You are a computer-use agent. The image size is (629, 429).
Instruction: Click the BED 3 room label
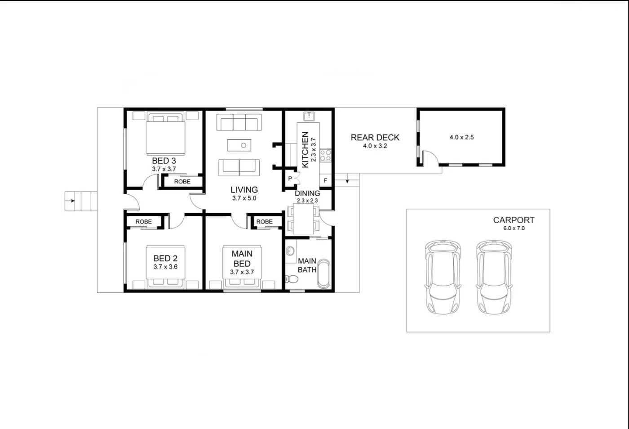[x=164, y=161]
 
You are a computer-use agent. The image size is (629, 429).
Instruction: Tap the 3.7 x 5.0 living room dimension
[x=244, y=198]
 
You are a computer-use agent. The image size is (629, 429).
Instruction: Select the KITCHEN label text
[x=305, y=149]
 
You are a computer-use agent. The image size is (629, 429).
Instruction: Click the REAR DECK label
[x=375, y=138]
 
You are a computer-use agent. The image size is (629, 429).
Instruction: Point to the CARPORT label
[x=514, y=220]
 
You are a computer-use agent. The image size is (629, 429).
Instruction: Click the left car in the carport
[x=443, y=277]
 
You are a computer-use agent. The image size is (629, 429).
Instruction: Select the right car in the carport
[x=494, y=277]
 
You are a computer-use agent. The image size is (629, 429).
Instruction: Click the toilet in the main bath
[x=292, y=279]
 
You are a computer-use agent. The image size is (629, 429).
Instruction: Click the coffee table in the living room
[x=239, y=145]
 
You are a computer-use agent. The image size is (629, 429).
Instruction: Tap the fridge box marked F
[x=325, y=181]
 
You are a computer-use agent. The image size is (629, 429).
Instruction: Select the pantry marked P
[x=290, y=179]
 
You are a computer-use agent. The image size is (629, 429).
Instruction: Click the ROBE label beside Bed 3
[x=182, y=182]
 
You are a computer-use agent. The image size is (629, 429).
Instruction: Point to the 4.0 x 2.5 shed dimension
[x=461, y=137]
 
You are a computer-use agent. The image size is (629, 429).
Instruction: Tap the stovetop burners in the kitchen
[x=326, y=155]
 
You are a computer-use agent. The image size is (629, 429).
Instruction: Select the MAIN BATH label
[x=307, y=265]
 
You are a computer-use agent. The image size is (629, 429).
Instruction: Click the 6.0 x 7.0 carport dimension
[x=514, y=228]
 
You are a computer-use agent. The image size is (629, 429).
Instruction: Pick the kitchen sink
[x=309, y=117]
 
